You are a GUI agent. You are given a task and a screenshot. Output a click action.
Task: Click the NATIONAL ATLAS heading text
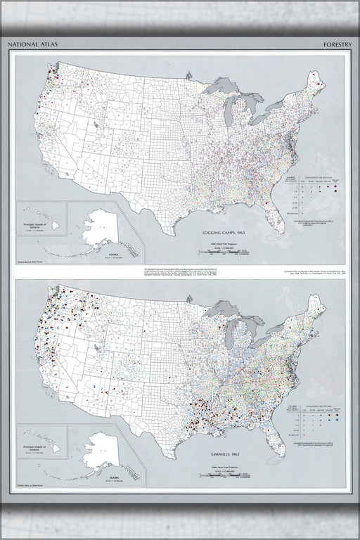(34, 44)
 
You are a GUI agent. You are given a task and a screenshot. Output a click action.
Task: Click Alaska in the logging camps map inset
(98, 229)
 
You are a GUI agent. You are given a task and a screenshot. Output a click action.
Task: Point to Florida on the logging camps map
(269, 214)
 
